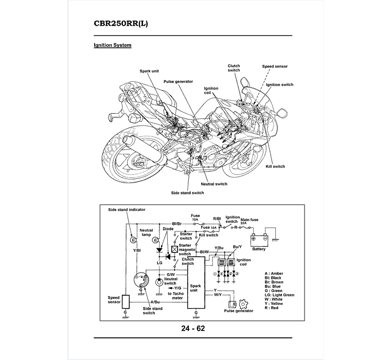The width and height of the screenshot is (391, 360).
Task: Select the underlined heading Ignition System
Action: (x=112, y=45)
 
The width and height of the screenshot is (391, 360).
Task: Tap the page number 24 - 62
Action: (x=193, y=328)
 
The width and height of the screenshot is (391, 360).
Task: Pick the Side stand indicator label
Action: (x=127, y=210)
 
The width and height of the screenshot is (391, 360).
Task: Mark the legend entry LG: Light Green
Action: (x=279, y=295)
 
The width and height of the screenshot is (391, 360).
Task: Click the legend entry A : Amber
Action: (x=274, y=274)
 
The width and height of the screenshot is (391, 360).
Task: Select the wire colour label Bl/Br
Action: (x=177, y=224)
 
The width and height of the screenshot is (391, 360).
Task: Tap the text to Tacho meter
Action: (x=175, y=295)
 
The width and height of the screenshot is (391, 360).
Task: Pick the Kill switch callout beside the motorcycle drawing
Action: (x=275, y=167)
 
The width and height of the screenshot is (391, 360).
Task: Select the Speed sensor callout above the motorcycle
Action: (x=275, y=66)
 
